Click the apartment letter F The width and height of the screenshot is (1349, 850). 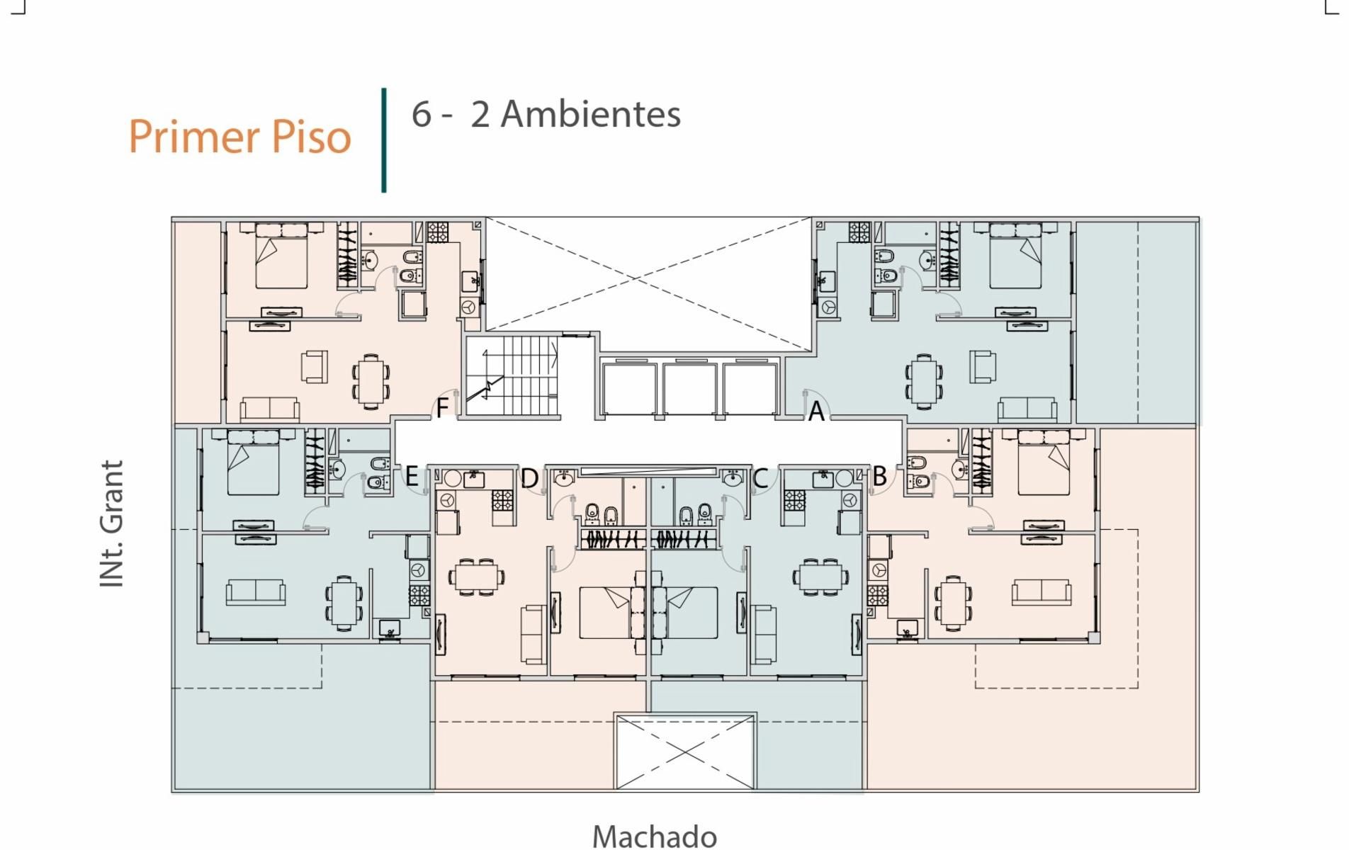pos(442,408)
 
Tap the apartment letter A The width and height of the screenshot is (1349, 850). pos(816,411)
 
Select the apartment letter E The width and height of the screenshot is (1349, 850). pos(412,477)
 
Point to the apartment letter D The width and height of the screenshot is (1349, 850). pos(529,478)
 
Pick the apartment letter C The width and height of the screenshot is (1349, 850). pos(760,478)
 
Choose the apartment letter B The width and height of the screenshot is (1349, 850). pos(879,476)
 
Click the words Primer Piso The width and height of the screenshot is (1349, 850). pos(239,137)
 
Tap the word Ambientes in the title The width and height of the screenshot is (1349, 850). pos(591,114)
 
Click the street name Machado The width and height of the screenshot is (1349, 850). pos(655,836)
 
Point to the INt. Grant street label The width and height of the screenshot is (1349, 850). pos(113,523)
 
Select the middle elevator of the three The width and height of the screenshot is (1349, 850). pos(689,387)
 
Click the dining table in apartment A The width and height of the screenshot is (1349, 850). pos(924,381)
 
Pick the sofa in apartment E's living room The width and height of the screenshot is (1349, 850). pos(256,592)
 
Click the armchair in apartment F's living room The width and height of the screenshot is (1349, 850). pos(315,367)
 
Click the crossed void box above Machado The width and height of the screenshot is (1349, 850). pos(685,752)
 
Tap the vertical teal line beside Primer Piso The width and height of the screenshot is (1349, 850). pos(384,140)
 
